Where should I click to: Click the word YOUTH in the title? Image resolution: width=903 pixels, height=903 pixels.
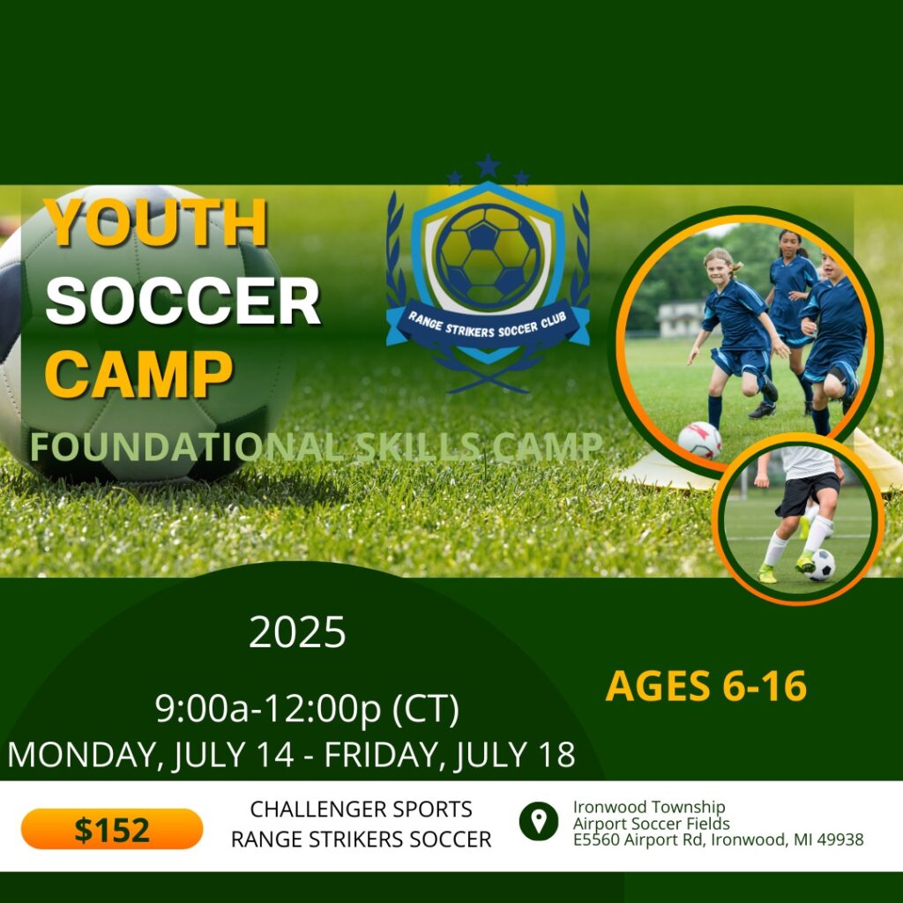155,222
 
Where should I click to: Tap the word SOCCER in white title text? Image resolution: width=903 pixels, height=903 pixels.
183,301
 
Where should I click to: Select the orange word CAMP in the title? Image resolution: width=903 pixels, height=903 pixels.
138,374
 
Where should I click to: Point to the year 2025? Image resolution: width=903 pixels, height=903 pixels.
297,631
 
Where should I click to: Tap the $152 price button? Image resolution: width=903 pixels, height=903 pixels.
112,829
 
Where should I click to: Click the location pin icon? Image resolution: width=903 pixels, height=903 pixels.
539,821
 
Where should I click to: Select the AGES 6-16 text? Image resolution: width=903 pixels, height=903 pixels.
706,686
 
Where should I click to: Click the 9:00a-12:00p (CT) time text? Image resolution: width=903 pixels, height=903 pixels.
308,708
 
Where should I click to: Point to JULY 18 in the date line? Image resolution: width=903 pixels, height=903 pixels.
515,754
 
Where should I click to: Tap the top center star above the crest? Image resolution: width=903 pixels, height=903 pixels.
488,165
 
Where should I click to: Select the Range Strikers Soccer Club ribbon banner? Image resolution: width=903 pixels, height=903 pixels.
488,326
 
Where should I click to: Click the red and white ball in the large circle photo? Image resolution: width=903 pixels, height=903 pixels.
699,441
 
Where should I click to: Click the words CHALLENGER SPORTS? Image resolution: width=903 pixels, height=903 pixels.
361,810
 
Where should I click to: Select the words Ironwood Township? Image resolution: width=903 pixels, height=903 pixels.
648,807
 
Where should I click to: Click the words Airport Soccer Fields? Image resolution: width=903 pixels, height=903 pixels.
652,824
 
